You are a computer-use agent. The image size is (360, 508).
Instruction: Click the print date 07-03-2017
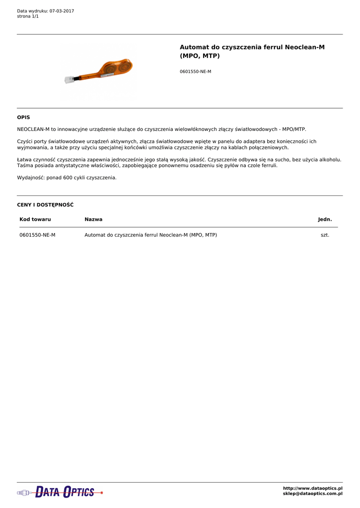click(x=62, y=11)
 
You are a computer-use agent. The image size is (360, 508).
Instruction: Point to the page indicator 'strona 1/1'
click(x=28, y=16)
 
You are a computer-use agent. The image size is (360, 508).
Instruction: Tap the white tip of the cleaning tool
click(x=69, y=79)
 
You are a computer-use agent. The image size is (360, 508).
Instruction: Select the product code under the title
click(x=195, y=71)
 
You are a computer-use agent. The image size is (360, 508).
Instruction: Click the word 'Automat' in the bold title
click(x=194, y=47)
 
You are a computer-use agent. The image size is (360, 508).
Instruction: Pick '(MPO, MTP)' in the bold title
click(x=200, y=56)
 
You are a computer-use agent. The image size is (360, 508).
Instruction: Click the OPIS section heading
click(x=23, y=118)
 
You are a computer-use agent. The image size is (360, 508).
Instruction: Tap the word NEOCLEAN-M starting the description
click(x=33, y=129)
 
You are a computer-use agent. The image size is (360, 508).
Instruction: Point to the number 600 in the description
click(x=68, y=178)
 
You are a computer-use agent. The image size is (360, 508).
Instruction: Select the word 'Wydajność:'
click(x=31, y=178)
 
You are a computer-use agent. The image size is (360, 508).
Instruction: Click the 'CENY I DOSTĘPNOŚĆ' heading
click(x=45, y=205)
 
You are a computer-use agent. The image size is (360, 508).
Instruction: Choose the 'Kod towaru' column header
click(x=35, y=219)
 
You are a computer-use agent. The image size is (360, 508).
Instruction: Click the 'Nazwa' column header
click(x=93, y=219)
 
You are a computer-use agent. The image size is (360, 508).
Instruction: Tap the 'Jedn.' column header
click(x=325, y=219)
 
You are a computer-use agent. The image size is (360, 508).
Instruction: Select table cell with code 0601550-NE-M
click(x=37, y=235)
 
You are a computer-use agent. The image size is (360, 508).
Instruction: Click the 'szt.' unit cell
click(x=325, y=235)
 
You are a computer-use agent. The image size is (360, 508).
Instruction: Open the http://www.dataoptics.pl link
click(x=312, y=489)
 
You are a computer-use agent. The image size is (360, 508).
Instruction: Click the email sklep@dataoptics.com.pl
click(x=312, y=494)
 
